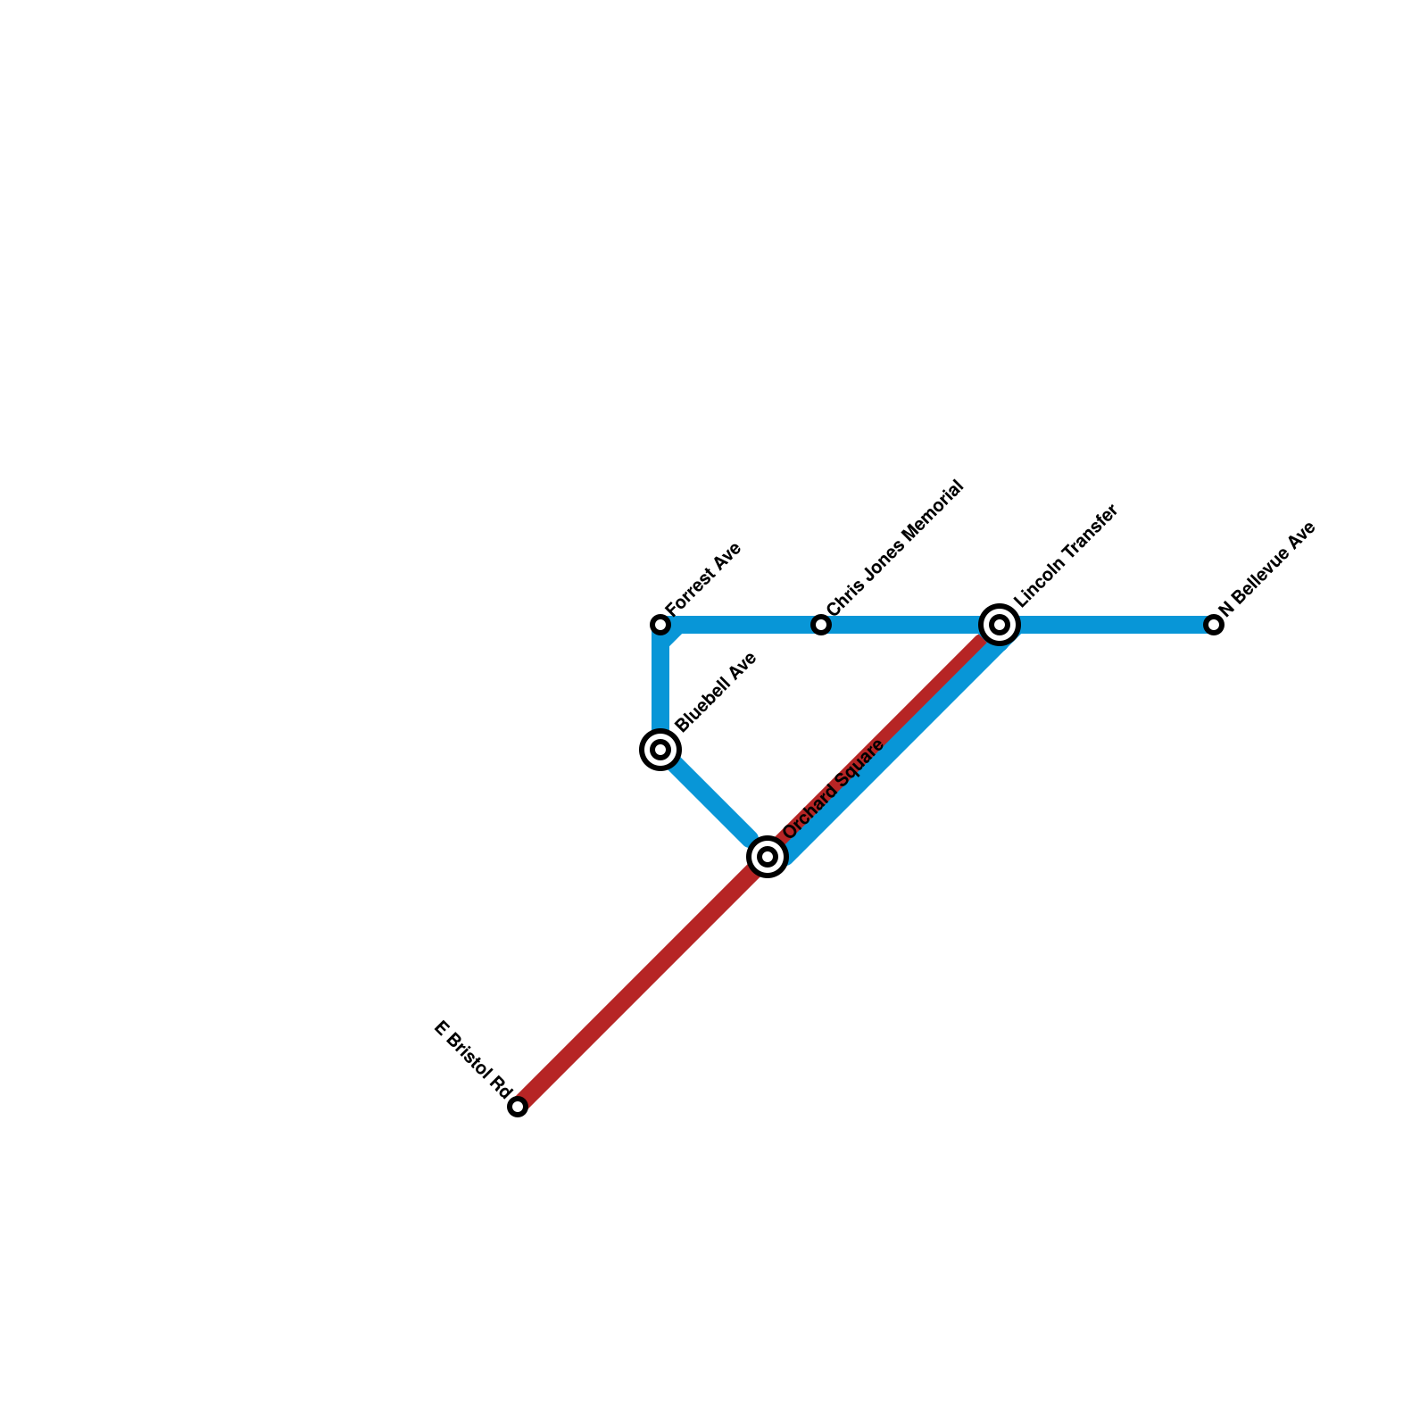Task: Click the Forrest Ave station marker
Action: coord(660,625)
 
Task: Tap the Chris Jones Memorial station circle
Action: coord(821,625)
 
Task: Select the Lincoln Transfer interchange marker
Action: coord(1000,625)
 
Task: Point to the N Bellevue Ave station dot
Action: coord(1214,625)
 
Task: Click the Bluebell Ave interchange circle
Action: coord(660,750)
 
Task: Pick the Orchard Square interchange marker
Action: coord(768,857)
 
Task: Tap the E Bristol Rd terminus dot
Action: coord(518,1108)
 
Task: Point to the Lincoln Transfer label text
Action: coord(1066,557)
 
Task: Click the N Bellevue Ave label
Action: coord(1266,569)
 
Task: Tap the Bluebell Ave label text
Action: coord(716,693)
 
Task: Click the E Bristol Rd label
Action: coord(472,1059)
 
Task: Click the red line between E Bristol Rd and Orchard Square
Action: coord(643,982)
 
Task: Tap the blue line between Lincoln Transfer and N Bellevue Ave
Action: coord(1107,625)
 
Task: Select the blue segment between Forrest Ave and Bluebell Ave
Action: coord(660,687)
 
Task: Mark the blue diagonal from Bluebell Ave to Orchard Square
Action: coord(711,801)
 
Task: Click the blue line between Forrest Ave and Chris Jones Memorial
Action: coord(741,625)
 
